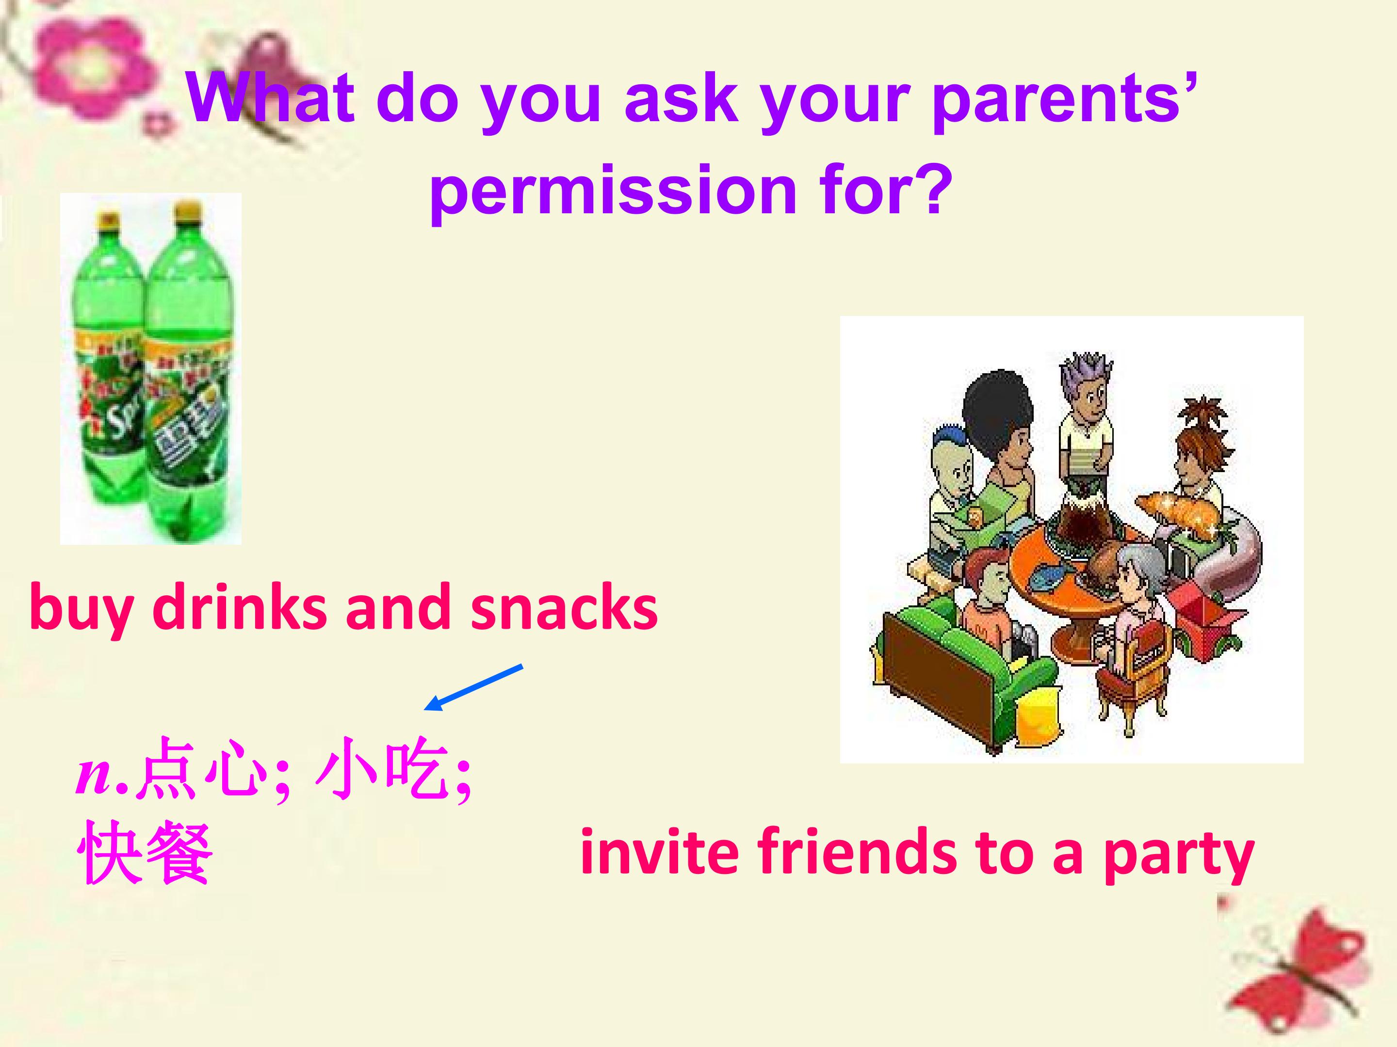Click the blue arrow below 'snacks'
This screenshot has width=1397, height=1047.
[x=473, y=687]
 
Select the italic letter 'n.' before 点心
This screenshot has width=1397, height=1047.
[x=101, y=775]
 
